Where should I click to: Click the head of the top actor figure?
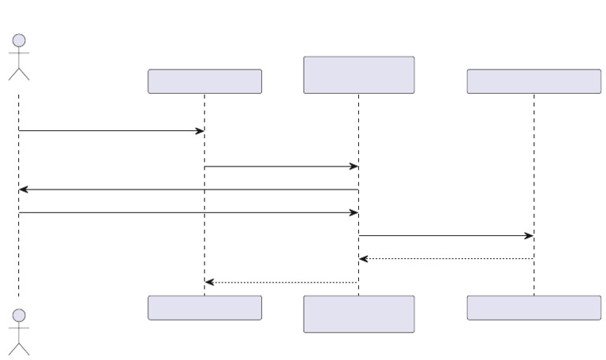point(19,39)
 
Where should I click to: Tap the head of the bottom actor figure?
point(19,315)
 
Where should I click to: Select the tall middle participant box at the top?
point(359,75)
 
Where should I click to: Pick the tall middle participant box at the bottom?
point(359,314)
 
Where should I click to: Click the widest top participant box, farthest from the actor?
point(533,81)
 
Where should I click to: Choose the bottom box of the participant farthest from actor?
point(533,308)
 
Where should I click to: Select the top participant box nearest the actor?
point(204,81)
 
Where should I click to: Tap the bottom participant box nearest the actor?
point(204,308)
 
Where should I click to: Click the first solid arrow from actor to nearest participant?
point(110,130)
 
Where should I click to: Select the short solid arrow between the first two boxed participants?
point(282,166)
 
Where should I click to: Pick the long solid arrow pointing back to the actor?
point(189,189)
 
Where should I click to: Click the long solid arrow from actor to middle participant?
point(189,212)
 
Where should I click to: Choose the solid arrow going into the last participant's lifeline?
point(446,235)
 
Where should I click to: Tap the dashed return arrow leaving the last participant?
point(446,258)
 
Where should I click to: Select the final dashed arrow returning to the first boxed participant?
point(282,282)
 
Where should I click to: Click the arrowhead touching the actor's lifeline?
point(24,189)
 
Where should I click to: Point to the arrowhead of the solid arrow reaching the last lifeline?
point(529,235)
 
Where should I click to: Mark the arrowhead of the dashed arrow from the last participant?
point(364,258)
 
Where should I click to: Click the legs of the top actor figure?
point(19,73)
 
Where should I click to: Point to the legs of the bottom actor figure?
point(19,349)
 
